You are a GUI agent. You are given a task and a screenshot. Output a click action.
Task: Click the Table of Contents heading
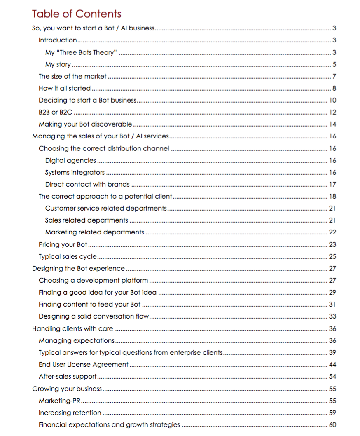pos(77,14)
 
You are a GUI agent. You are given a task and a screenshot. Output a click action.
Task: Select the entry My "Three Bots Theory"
pos(81,52)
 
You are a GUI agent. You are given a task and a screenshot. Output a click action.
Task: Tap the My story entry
pos(58,65)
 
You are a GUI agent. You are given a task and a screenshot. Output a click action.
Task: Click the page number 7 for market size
pos(334,76)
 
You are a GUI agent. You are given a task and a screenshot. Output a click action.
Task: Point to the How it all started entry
pos(65,88)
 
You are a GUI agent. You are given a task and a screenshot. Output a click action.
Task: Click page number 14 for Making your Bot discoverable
pos(333,124)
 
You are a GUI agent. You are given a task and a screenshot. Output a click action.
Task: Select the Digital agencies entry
pos(70,160)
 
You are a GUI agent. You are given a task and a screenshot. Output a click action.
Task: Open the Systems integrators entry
pos(75,172)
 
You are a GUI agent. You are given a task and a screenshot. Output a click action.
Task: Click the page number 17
pos(333,184)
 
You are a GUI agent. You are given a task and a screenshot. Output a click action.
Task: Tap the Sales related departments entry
pos(86,220)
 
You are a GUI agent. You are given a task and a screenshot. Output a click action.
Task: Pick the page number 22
pos(333,232)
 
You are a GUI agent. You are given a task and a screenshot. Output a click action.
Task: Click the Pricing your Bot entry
pos(63,244)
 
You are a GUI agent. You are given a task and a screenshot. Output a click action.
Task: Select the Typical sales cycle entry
pos(68,256)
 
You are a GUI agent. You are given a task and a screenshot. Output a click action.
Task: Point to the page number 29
pos(333,293)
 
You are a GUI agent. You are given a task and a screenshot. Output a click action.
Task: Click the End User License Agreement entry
pos(84,365)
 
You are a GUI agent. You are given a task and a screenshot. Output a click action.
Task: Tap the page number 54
pos(333,377)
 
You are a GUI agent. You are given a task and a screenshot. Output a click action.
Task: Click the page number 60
pos(333,425)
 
